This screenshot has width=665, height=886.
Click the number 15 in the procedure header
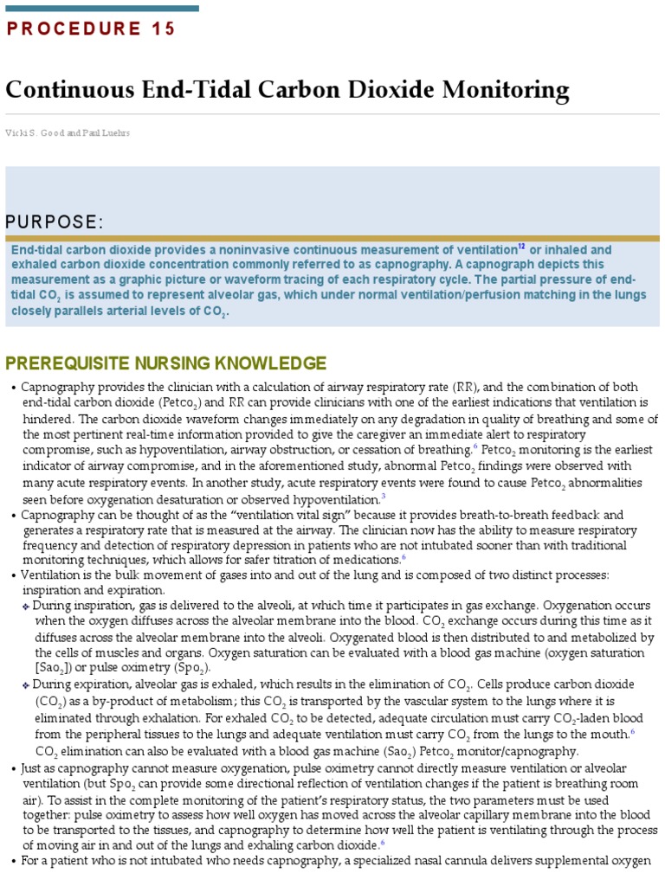click(x=162, y=29)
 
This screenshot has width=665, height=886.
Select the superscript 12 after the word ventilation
click(x=521, y=247)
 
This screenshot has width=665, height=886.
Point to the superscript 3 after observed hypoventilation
click(x=383, y=496)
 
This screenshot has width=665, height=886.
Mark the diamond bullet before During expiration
click(x=26, y=684)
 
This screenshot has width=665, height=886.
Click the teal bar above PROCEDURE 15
click(x=102, y=8)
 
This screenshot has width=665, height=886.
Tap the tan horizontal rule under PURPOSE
click(x=332, y=238)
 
